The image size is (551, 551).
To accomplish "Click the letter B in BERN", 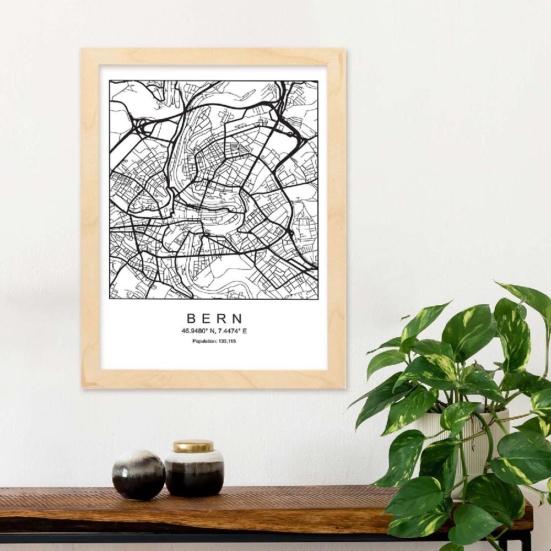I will [191, 318].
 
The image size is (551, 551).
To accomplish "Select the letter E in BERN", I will [206, 318].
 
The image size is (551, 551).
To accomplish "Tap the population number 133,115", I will [227, 342].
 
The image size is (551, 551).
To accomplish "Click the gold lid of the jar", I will [193, 446].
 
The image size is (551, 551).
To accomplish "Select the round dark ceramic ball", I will [138, 474].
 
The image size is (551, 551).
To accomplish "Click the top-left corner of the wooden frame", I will [83, 50].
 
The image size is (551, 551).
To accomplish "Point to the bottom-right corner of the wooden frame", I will [344, 387].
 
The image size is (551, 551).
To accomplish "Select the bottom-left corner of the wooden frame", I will [83, 387].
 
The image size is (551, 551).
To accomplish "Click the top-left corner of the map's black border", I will [110, 82].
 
